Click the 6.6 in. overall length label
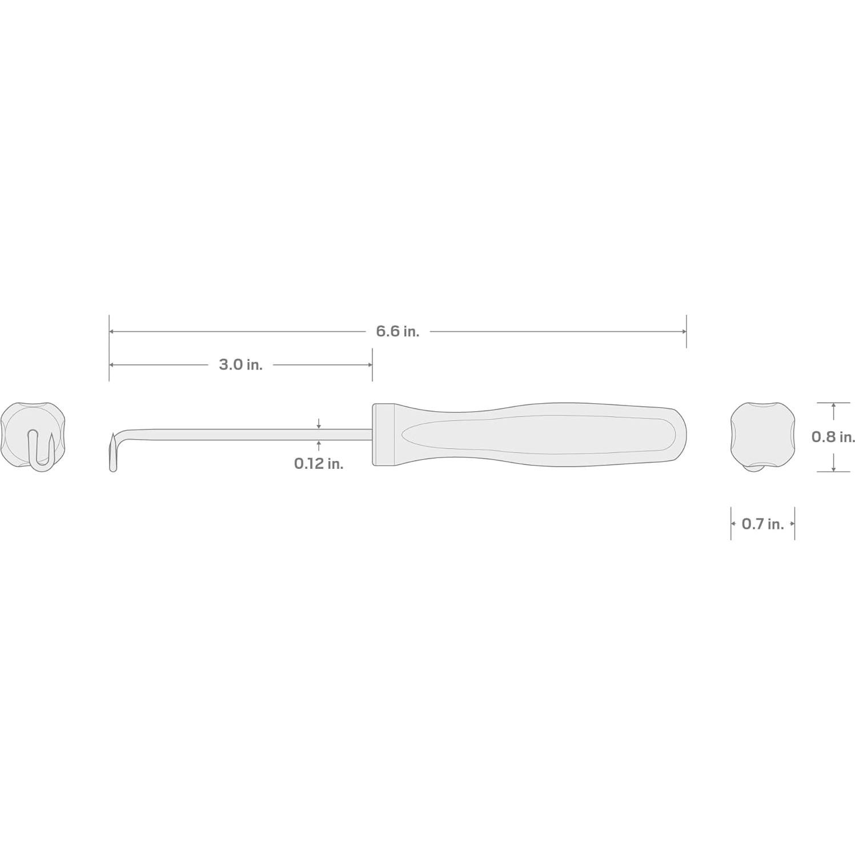pos(398,331)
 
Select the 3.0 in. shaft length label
pos(240,365)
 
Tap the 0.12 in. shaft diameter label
pos(319,464)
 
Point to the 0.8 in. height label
pos(833,437)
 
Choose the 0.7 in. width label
pos(762,524)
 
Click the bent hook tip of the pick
pos(113,451)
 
